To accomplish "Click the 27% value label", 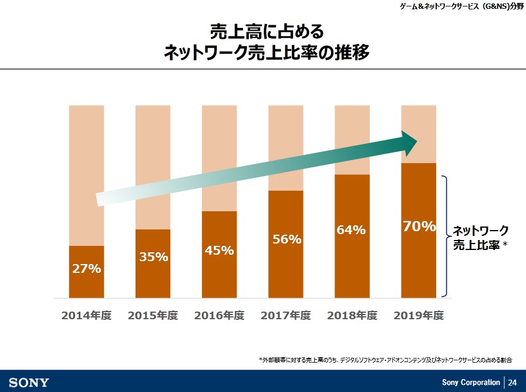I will pyautogui.click(x=86, y=269).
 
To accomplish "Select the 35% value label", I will pyautogui.click(x=153, y=256).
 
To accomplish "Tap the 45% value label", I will pyautogui.click(x=220, y=251).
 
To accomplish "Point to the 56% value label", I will pyautogui.click(x=286, y=239).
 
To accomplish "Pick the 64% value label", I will pyautogui.click(x=351, y=230).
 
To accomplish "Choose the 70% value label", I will pyautogui.click(x=419, y=226).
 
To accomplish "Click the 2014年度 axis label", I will pyautogui.click(x=86, y=315).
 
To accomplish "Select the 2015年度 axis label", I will pyautogui.click(x=153, y=315).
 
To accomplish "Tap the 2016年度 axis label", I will pyautogui.click(x=220, y=315).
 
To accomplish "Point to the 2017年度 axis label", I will pyautogui.click(x=286, y=315).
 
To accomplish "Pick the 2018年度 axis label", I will pyautogui.click(x=352, y=315).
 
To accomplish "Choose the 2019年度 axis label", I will pyautogui.click(x=419, y=315).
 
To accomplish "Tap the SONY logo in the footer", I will pyautogui.click(x=29, y=383).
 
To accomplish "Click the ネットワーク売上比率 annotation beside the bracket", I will pyautogui.click(x=480, y=238).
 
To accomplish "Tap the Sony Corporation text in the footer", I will pyautogui.click(x=471, y=383).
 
